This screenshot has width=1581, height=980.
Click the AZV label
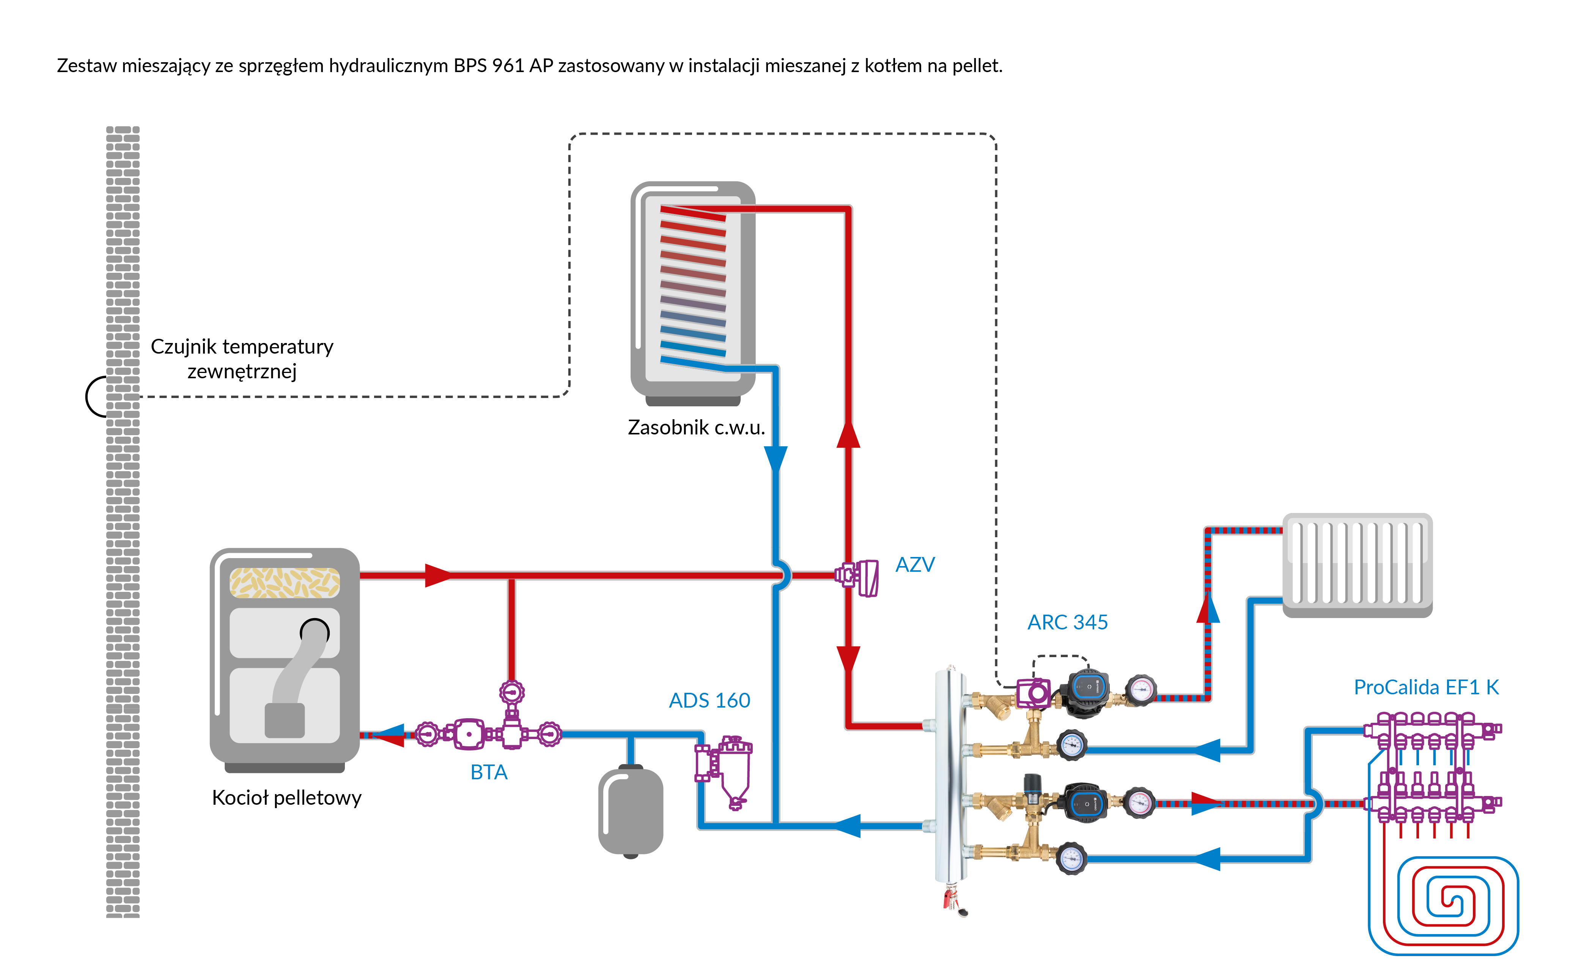(914, 565)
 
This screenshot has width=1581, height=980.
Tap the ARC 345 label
(1067, 622)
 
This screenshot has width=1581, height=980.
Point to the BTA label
(489, 772)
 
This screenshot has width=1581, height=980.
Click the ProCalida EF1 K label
(1425, 687)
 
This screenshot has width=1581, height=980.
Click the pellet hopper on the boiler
(285, 582)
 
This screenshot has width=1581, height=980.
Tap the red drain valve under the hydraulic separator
(950, 900)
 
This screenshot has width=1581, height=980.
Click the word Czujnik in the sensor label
(183, 347)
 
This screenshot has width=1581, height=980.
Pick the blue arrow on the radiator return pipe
(1207, 750)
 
